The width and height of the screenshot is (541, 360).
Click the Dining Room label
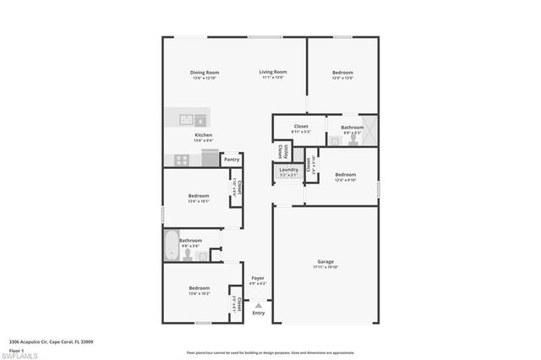[x=205, y=73]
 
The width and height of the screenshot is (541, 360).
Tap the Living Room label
[x=273, y=73]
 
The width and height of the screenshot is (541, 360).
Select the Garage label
[x=325, y=262]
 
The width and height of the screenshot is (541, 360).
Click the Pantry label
[x=232, y=159]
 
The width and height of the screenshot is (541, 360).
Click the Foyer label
[x=258, y=279]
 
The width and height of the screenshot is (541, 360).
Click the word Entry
[x=258, y=314]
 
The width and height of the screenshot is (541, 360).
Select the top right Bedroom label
[x=342, y=73]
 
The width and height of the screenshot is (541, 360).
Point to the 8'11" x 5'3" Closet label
[x=300, y=128]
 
